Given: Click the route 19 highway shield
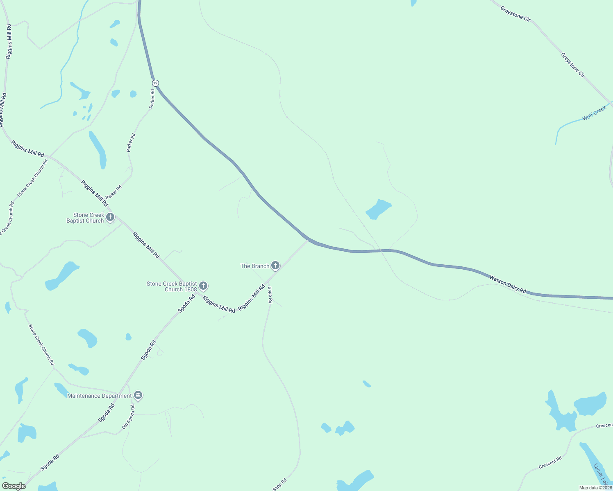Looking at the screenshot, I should coord(155,83).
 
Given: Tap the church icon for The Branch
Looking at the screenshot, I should coord(275,266).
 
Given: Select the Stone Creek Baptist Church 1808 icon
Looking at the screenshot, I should coord(203,286).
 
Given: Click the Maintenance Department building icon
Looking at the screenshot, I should coord(138,396).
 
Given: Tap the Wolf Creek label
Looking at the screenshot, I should coord(594,113).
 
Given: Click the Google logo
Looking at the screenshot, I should coord(14,486).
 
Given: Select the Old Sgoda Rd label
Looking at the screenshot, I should coord(128,417).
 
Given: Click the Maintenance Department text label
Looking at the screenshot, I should coord(100,396).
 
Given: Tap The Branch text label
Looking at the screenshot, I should coord(255,266).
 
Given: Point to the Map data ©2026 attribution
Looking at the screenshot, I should coord(595,488).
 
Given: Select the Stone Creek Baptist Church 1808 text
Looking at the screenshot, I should coord(172,286).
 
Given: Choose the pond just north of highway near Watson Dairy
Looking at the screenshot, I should coord(378,209).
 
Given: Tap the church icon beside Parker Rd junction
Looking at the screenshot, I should coord(110,217).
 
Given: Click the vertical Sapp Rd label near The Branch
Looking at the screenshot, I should coord(270,295).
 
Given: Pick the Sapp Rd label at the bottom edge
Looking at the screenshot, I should coord(279,484).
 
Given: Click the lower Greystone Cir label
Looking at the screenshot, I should coord(572,65).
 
